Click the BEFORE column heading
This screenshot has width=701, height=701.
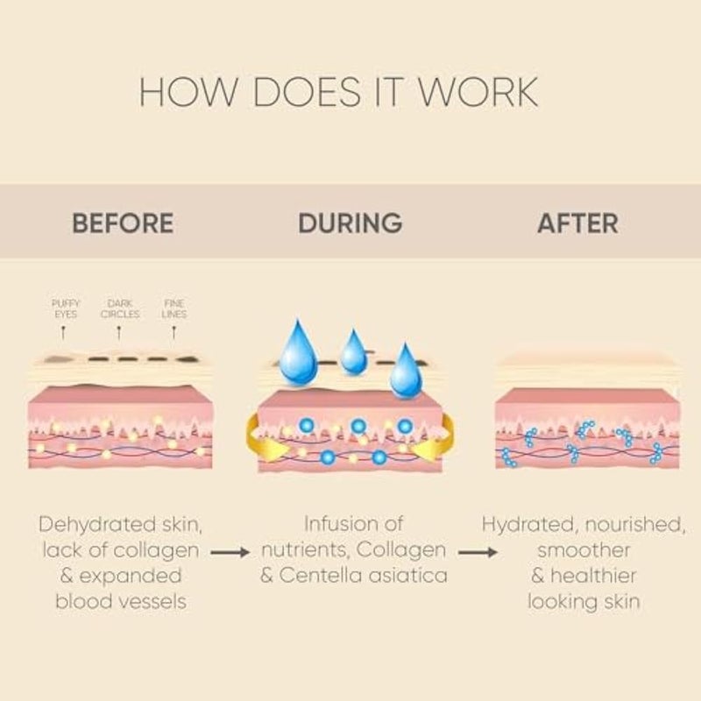point(123,223)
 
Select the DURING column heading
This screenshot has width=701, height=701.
point(350,223)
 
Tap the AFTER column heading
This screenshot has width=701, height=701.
point(577,223)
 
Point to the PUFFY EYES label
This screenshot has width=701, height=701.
point(65,308)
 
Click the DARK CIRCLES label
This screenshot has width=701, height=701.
point(120,308)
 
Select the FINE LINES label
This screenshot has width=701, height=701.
point(173,308)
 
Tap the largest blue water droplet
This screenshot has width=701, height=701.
point(298,353)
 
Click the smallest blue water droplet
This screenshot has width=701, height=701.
point(353,352)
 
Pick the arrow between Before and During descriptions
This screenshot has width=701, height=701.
point(230,553)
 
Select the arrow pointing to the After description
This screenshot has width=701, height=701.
point(478,553)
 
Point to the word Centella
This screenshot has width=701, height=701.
point(320,576)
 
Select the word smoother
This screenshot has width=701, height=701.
point(584,550)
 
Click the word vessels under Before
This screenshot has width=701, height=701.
point(151,602)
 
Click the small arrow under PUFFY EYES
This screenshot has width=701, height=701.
point(63,334)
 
